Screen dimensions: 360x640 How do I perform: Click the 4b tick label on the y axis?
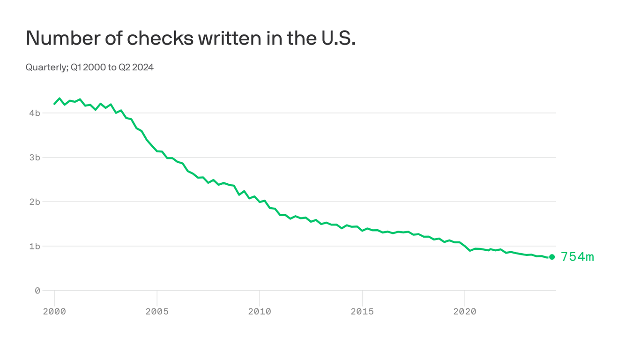point(34,113)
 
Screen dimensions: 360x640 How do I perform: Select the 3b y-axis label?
point(34,157)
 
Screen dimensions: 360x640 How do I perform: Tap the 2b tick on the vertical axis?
point(34,202)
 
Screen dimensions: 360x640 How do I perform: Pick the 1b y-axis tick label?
point(34,246)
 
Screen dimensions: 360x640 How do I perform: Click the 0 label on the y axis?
point(37,291)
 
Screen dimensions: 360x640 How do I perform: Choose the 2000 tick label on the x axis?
point(54,312)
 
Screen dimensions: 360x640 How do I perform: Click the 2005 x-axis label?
point(157,312)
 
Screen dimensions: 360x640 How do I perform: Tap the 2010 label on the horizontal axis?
point(260,312)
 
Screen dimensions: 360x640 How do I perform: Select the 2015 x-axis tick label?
point(362,312)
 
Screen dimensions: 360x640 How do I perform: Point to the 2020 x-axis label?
point(465,312)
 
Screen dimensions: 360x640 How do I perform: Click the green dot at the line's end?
point(552,257)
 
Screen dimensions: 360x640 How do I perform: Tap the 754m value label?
point(577,257)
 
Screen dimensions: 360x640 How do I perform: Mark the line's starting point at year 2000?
point(54,104)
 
